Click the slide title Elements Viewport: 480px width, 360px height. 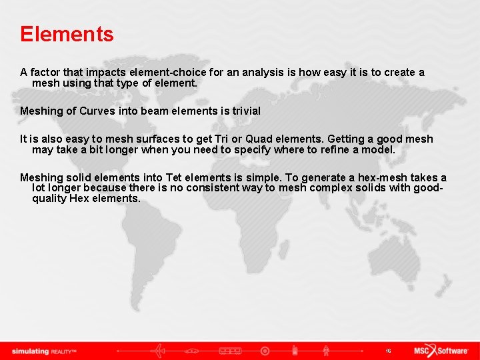coord(67,34)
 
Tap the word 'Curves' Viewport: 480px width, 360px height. coord(97,111)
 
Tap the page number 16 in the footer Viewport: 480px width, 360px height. coord(388,351)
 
